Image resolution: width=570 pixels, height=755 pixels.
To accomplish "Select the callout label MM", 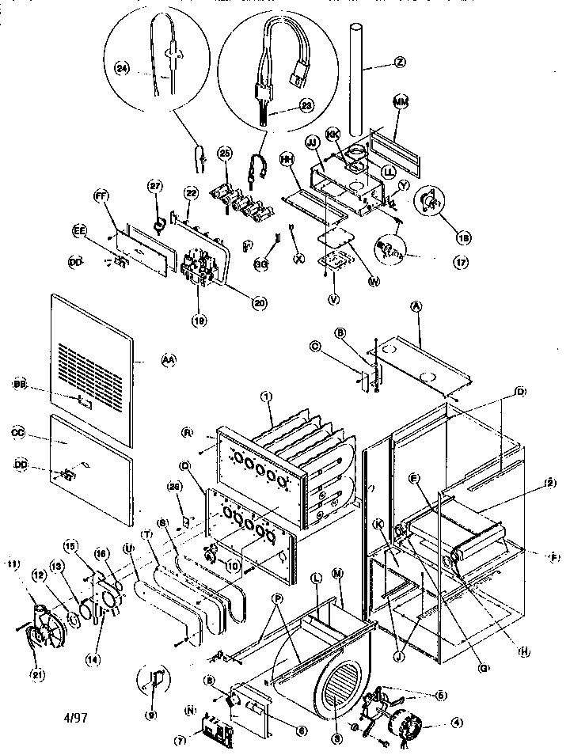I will [401, 102].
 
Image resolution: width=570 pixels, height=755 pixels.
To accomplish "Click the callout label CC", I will [20, 434].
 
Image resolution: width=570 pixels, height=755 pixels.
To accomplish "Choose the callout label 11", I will [12, 563].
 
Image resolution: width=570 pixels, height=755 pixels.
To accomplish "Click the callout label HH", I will [287, 160].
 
